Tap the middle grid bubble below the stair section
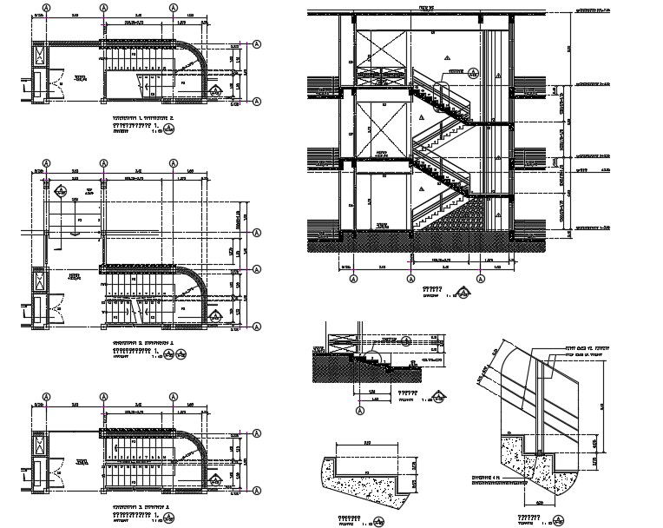click(x=410, y=278)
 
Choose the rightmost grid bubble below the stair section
click(x=481, y=278)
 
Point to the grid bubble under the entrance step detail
click(x=358, y=410)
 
